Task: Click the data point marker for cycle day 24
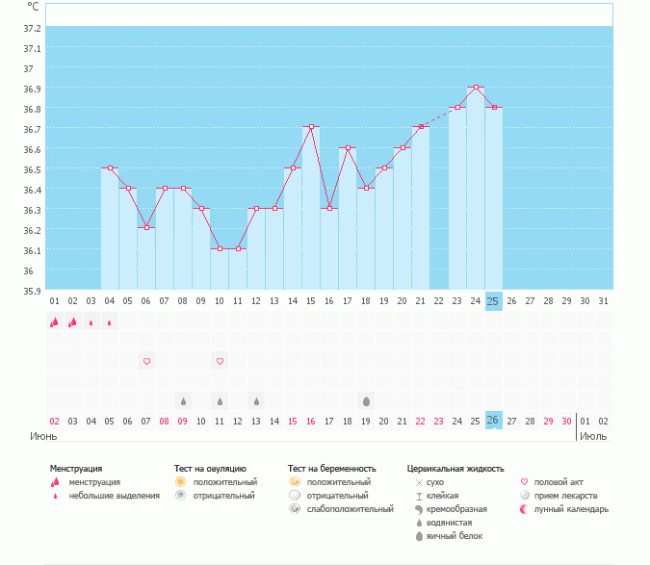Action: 476,88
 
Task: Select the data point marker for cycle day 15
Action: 311,127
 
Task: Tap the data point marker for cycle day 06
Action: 146,227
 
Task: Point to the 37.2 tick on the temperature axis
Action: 31,48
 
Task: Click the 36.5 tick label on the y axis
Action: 31,169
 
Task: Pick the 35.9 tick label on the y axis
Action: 31,291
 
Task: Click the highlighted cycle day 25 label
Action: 493,301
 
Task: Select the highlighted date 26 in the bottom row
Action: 493,421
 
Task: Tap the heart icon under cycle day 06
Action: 146,361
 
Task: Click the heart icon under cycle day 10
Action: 220,361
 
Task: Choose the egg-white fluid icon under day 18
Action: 366,400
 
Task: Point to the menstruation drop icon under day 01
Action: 54,322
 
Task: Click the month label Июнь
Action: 42,436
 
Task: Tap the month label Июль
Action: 593,436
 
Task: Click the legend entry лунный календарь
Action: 577,509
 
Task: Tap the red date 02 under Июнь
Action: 55,421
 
